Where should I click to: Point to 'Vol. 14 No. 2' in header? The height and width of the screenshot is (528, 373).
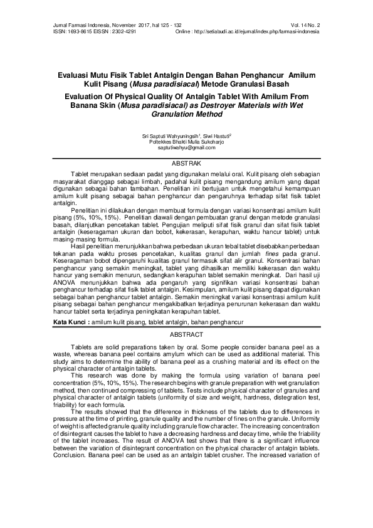coord(304,24)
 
